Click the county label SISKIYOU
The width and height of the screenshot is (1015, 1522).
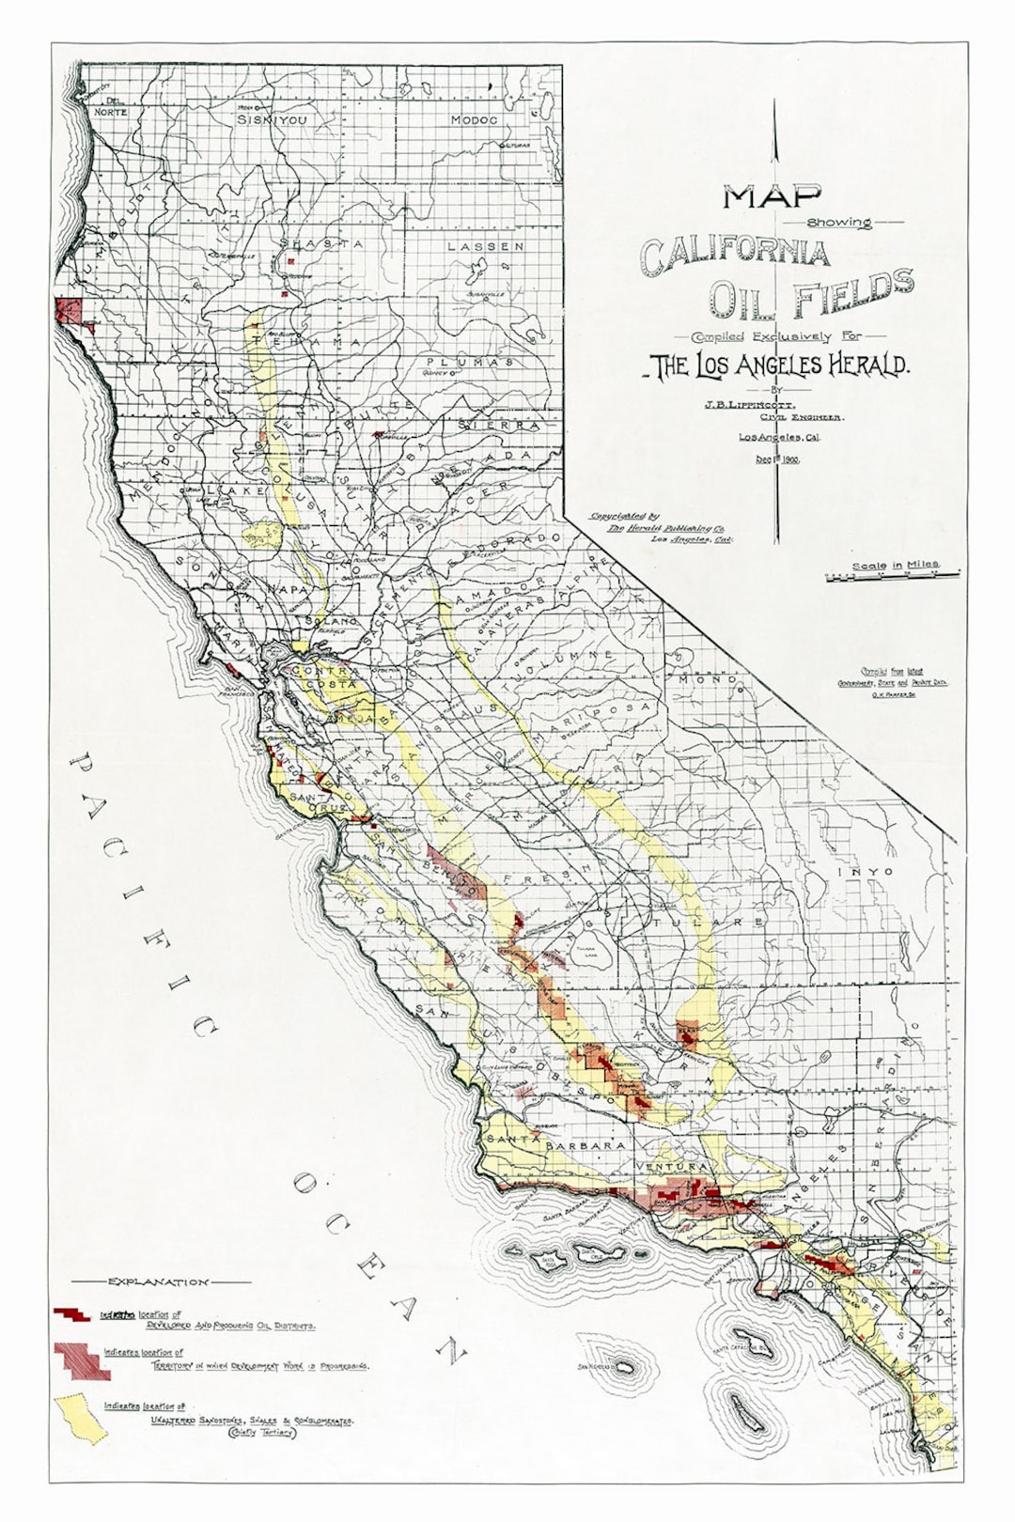tap(271, 120)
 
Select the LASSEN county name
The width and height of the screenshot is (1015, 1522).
tap(485, 246)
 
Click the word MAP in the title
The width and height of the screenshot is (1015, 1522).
tap(772, 196)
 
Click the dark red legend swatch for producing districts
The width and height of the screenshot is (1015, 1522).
tap(71, 1313)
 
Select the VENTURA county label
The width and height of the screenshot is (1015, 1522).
tap(670, 1166)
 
